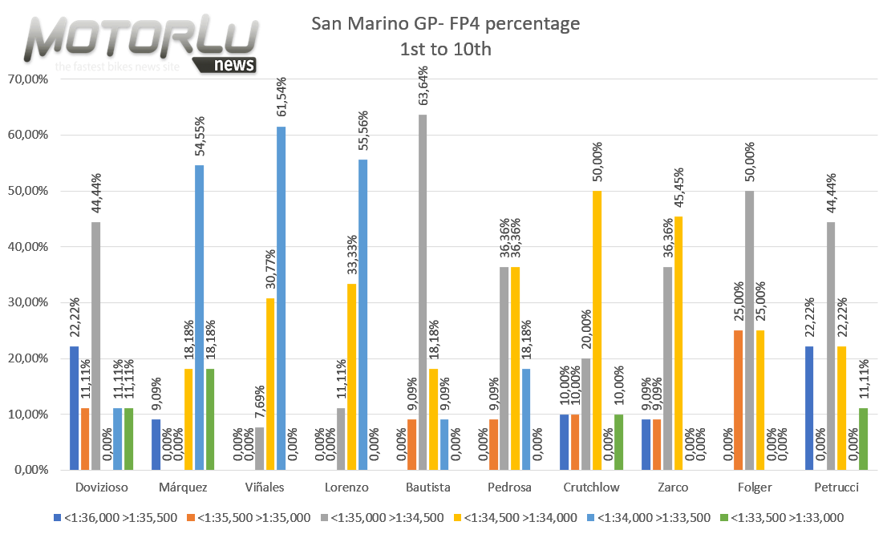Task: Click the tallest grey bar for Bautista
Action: [x=422, y=293]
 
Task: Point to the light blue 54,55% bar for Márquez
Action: [x=199, y=318]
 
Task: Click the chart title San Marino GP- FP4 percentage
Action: [x=445, y=24]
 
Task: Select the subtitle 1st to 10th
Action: [x=445, y=49]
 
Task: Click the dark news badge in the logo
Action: [x=235, y=64]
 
